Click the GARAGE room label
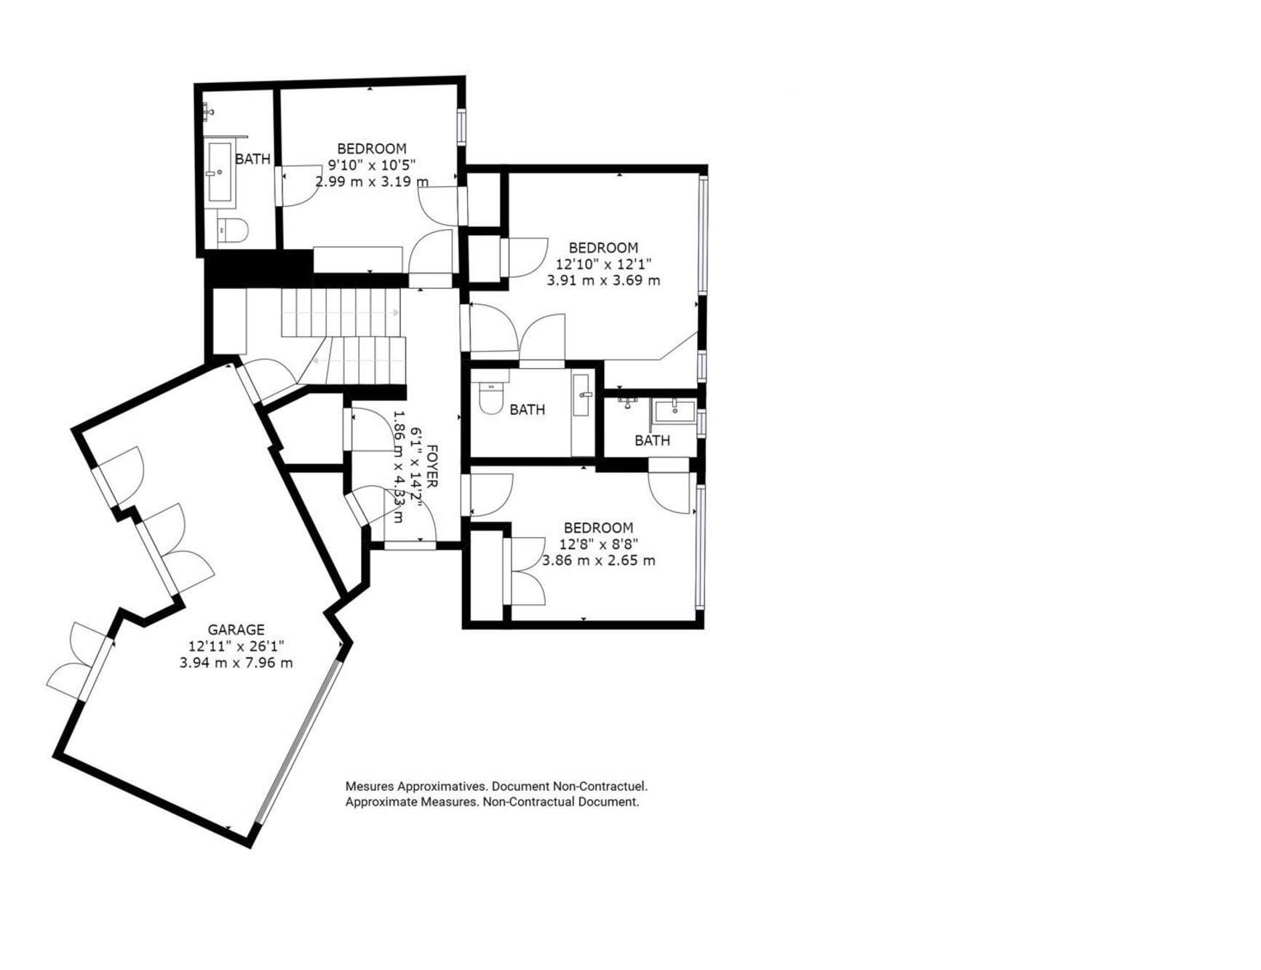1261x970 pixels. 236,629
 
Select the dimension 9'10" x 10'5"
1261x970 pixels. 371,165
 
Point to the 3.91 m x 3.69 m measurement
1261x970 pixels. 603,280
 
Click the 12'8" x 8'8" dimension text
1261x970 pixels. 599,544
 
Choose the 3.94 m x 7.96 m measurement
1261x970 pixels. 236,663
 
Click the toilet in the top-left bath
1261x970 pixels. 232,230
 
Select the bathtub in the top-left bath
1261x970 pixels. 220,172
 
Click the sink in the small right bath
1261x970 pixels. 675,411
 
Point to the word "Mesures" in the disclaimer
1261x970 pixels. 369,787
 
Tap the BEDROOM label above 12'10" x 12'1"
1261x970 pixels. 603,247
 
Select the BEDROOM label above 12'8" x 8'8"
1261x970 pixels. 599,528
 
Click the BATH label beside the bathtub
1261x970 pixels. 252,159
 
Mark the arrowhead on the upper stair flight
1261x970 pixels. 396,312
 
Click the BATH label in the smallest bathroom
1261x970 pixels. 652,440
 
